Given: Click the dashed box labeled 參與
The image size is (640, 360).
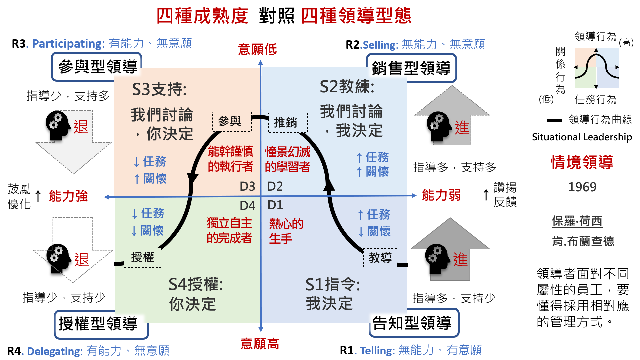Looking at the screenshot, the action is point(232,122).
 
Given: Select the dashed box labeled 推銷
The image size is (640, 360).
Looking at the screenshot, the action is point(288,123).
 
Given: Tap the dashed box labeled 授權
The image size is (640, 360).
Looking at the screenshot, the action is point(143,257).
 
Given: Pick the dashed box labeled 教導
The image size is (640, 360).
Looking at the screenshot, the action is point(380,258).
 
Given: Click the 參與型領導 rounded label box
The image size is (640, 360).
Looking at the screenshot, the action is point(97,66).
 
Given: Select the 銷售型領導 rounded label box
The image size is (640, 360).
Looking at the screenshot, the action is point(411,68).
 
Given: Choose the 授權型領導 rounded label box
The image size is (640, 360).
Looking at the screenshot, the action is point(101,324).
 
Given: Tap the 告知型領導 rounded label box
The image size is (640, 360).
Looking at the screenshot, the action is point(414,323).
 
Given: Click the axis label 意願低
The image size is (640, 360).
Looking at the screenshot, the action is point(257,49).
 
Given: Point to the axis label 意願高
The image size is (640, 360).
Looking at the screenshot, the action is point(260,343).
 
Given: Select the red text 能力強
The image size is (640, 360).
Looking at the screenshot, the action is point(68,196).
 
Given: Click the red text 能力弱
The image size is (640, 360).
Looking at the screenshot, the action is point(441,195).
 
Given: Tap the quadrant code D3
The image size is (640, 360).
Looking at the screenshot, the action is point(247,186).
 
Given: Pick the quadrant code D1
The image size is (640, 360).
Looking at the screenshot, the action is point(275,205).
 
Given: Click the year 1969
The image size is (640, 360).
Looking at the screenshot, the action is point(582,187).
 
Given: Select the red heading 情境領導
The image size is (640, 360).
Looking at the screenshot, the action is point(582,162).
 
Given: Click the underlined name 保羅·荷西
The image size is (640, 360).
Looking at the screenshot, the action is point(577,221).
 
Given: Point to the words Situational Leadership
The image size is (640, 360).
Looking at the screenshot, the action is point(582,137).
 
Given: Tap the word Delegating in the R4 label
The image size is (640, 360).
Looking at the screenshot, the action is point(55,351).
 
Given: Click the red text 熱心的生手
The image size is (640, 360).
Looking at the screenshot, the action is point(286,231).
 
